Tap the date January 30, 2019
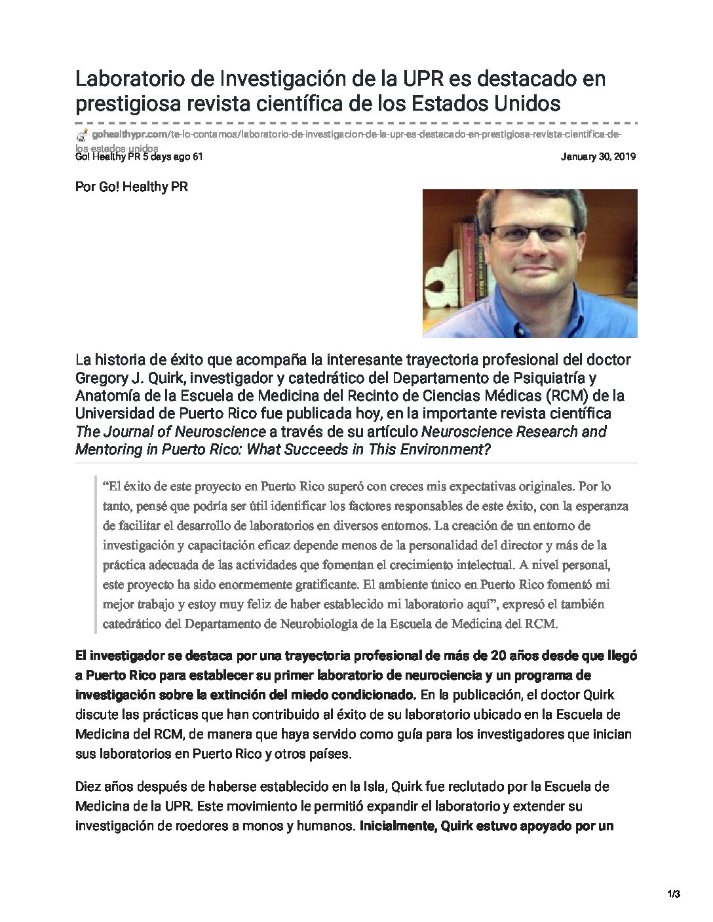coord(599,157)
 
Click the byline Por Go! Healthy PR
coord(132,187)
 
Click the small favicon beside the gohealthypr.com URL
coord(82,135)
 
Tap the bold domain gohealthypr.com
coord(130,134)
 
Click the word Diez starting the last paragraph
coord(89,786)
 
